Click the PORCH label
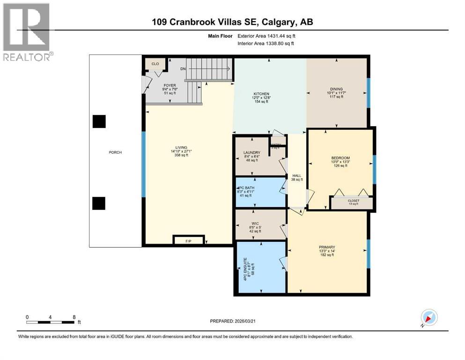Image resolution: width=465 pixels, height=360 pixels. [x=115, y=152]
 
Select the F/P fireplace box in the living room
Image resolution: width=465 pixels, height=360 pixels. [x=188, y=240]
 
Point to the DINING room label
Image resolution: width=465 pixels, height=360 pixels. [x=336, y=89]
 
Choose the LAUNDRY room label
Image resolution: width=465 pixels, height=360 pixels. [x=252, y=153]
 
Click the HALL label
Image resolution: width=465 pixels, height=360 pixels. [x=297, y=176]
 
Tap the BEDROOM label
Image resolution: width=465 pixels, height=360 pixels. [x=340, y=158]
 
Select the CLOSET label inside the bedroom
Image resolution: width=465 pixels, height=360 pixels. [x=353, y=201]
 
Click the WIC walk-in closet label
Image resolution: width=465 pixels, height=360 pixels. [x=255, y=224]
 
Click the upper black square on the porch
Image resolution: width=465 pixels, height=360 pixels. [x=99, y=121]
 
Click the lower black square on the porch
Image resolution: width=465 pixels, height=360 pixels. [x=99, y=203]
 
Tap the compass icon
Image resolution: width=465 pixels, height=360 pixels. [x=429, y=318]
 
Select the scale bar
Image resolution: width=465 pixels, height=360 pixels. [x=51, y=322]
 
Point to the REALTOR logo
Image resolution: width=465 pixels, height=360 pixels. [x=27, y=32]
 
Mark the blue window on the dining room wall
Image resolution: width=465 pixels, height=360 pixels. [x=368, y=92]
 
